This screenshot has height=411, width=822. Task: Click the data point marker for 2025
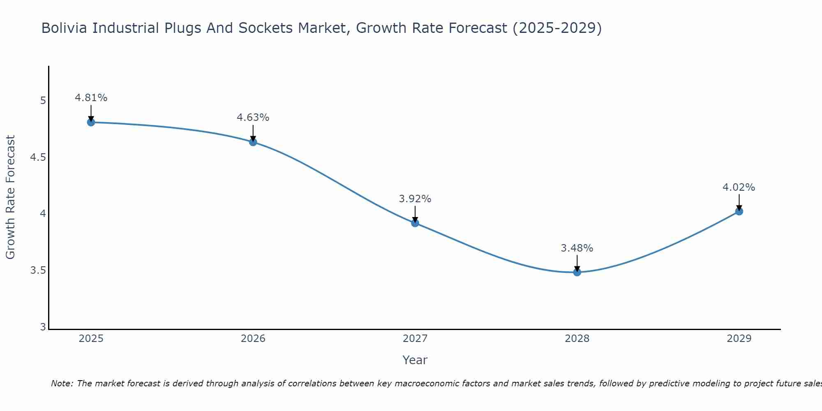(x=91, y=122)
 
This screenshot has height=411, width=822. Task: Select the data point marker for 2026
(x=253, y=142)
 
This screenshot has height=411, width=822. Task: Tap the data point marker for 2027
(x=415, y=223)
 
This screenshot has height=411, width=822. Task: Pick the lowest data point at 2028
(x=577, y=272)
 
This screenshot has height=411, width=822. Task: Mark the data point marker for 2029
(x=739, y=211)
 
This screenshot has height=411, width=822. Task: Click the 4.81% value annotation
(x=91, y=98)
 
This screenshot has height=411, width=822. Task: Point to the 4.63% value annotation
(x=253, y=118)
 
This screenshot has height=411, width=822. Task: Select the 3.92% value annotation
(x=415, y=199)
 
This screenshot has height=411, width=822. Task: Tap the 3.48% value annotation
(x=577, y=248)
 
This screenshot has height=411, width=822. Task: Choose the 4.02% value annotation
(x=739, y=187)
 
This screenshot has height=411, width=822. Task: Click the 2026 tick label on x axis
(x=253, y=339)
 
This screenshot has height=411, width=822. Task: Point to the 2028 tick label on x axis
(x=577, y=339)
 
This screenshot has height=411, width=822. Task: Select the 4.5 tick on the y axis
(x=38, y=157)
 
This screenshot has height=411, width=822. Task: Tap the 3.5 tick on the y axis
(x=38, y=270)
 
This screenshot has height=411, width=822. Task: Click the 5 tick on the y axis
(x=43, y=101)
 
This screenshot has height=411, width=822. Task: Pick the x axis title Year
(x=415, y=360)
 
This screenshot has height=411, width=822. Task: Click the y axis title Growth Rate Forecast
(x=10, y=197)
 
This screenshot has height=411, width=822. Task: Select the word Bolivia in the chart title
(x=65, y=28)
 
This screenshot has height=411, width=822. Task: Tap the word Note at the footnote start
(x=62, y=383)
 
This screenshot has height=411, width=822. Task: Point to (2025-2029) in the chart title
(x=557, y=28)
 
